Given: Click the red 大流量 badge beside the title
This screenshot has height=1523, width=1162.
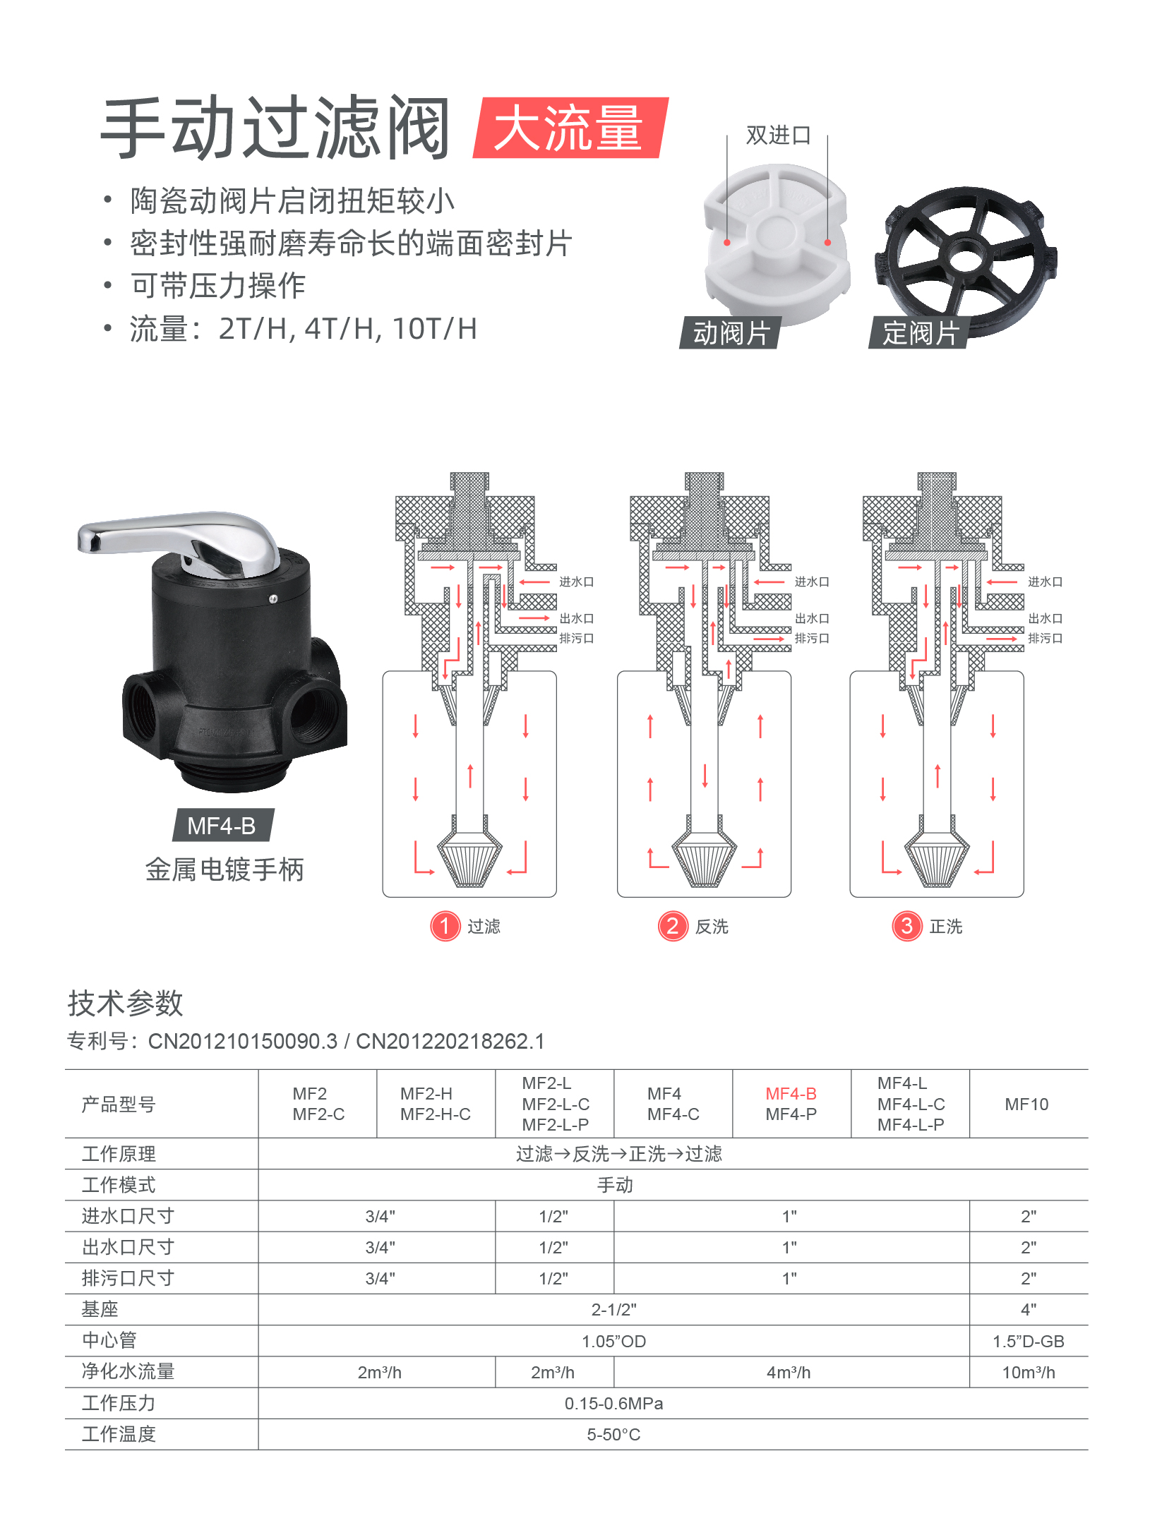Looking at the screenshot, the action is [x=570, y=128].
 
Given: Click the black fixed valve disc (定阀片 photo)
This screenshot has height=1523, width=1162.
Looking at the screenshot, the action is [x=966, y=256].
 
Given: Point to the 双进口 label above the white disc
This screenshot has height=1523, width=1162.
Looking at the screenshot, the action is [x=778, y=135].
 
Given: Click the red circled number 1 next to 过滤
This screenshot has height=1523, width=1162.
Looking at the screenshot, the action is [x=445, y=926].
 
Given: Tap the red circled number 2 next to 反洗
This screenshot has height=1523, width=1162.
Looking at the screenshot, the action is [x=673, y=926].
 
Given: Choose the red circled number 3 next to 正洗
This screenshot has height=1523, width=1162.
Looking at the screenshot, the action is [x=907, y=926].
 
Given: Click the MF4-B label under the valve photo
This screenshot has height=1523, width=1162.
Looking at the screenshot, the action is [x=222, y=825].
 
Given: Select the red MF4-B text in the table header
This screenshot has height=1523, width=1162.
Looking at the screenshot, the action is [x=791, y=1093].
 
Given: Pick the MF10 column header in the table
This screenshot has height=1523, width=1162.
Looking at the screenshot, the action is [x=1026, y=1104].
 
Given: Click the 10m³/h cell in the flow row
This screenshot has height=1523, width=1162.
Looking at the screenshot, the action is [x=1029, y=1372].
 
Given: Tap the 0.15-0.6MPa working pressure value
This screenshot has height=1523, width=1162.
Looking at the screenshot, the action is [x=613, y=1403].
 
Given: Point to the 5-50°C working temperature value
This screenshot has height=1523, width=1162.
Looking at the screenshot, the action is [x=613, y=1434].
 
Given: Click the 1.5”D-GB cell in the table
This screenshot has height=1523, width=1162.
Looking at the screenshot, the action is [x=1029, y=1341].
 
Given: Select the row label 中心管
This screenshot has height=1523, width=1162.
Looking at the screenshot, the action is [x=109, y=1340].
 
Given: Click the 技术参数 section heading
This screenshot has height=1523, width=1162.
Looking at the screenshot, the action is [x=126, y=1003].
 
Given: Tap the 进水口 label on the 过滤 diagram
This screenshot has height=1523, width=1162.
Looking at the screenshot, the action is [x=576, y=582].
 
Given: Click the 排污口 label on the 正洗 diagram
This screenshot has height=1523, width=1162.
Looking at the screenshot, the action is [x=1045, y=638].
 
